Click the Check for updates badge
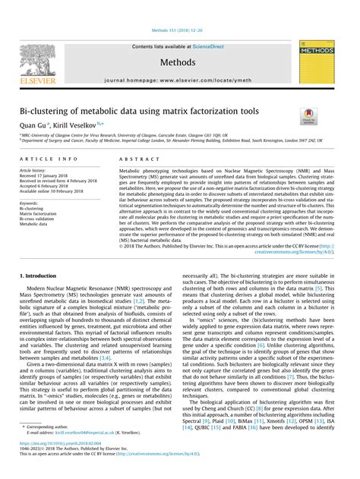point(310,116)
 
